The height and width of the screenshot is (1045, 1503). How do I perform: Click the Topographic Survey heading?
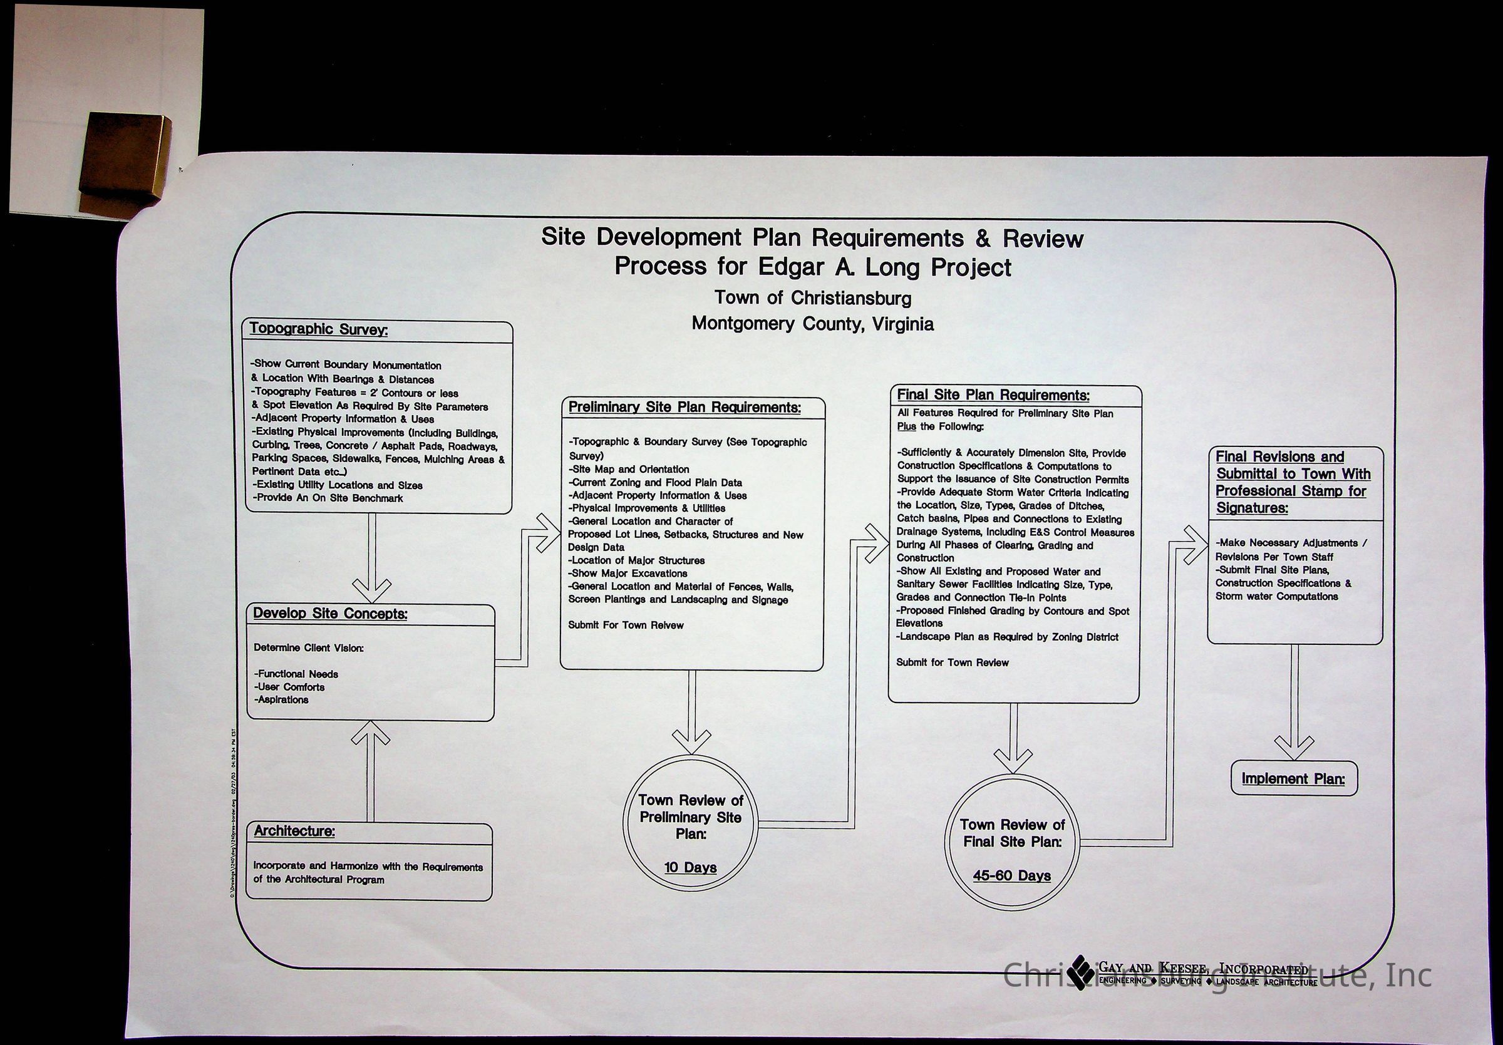pyautogui.click(x=318, y=329)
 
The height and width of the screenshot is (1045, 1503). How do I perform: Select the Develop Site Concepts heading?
pyautogui.click(x=330, y=613)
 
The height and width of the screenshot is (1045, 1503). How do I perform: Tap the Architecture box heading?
pyautogui.click(x=294, y=831)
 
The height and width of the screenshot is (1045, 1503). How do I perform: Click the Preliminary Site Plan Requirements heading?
pyautogui.click(x=684, y=407)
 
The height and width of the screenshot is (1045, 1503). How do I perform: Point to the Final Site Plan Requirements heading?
pyautogui.click(x=993, y=395)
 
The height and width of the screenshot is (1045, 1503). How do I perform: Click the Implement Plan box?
pyautogui.click(x=1294, y=779)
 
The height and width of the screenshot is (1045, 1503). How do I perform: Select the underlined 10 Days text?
pyautogui.click(x=691, y=868)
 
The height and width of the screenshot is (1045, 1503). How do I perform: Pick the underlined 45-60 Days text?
pyautogui.click(x=1012, y=875)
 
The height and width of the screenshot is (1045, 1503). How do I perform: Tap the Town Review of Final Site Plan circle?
pyautogui.click(x=1012, y=841)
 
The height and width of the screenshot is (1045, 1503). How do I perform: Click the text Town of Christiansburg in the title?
pyautogui.click(x=812, y=299)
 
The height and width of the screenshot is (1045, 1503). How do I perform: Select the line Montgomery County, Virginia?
pyautogui.click(x=812, y=324)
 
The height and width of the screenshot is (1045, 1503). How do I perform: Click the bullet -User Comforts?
pyautogui.click(x=289, y=687)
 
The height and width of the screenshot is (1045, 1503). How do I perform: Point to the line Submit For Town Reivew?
pyautogui.click(x=625, y=625)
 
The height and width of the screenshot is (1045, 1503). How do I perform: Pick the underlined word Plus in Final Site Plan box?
pyautogui.click(x=906, y=427)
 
